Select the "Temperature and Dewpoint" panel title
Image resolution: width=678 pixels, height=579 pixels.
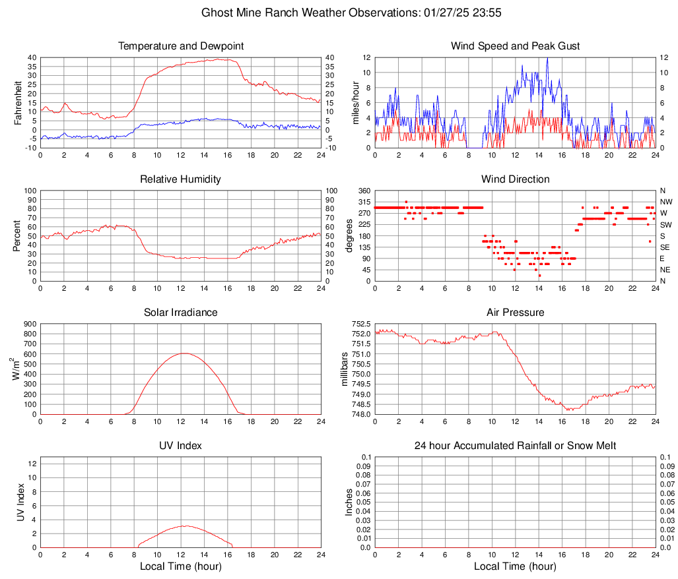click(x=181, y=46)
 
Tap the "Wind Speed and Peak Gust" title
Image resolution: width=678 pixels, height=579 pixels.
click(x=515, y=46)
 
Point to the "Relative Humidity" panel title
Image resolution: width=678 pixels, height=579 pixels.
click(x=181, y=179)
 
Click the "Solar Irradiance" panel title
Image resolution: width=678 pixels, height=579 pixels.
click(x=181, y=313)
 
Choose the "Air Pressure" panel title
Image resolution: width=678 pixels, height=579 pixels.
click(x=515, y=313)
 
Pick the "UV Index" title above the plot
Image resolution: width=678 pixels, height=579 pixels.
click(x=181, y=446)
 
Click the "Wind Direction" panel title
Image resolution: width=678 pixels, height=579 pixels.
click(x=515, y=179)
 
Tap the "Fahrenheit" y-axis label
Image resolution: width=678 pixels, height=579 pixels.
click(x=18, y=102)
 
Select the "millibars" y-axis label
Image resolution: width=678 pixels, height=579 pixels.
click(x=344, y=369)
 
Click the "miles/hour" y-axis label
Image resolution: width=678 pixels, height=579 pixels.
click(x=356, y=102)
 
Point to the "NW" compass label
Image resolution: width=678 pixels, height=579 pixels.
click(x=665, y=202)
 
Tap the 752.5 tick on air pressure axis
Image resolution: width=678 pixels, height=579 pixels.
click(x=360, y=324)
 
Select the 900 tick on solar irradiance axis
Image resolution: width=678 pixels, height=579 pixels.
click(x=28, y=324)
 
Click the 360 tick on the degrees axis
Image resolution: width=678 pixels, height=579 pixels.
click(x=362, y=191)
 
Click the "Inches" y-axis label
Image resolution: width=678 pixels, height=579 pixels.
click(x=349, y=502)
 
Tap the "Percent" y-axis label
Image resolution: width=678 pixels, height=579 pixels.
click(x=18, y=235)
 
